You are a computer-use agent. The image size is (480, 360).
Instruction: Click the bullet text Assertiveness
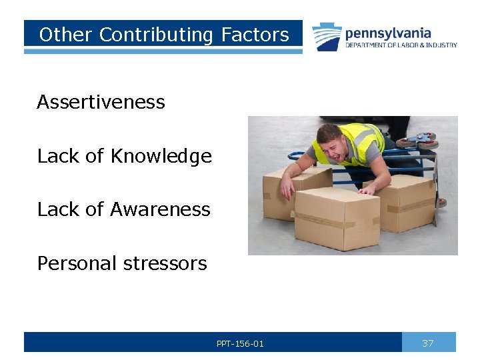click(101, 102)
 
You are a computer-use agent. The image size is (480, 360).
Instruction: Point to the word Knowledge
click(161, 156)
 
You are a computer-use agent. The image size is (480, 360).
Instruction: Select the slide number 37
click(428, 343)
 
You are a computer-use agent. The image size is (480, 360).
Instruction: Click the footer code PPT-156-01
click(240, 343)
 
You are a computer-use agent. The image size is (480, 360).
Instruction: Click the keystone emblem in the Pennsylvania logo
click(327, 37)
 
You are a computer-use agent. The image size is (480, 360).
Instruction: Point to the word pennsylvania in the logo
click(388, 33)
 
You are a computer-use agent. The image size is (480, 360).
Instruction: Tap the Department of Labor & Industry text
click(401, 45)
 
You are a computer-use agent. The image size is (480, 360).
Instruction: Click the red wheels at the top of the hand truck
click(416, 141)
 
